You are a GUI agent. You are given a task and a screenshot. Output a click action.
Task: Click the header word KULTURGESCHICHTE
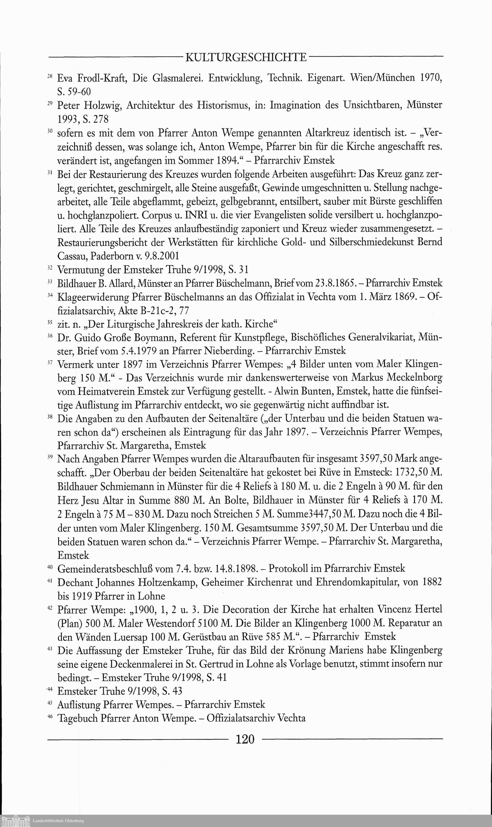coord(246,57)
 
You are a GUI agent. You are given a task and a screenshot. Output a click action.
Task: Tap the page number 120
coord(245,739)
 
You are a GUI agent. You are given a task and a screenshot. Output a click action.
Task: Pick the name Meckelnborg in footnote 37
coord(408,378)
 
